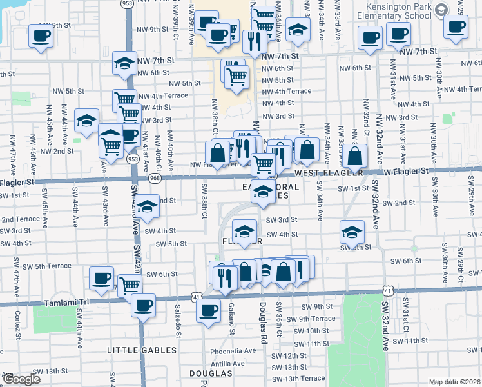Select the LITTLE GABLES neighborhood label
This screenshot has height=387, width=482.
coord(142,350)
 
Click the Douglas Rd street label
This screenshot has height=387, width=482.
coord(263,322)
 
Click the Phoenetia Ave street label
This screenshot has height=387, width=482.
coord(233,350)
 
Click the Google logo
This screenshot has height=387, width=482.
coord(21,379)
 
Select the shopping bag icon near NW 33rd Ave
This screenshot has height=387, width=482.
coord(355,155)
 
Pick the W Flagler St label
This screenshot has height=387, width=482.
coord(406,171)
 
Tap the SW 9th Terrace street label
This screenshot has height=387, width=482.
coord(311,319)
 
